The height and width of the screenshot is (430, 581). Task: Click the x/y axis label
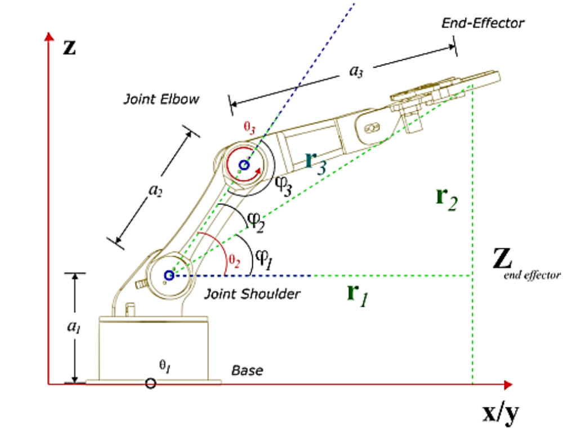coord(500,414)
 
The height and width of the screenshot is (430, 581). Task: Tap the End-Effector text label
coord(482,23)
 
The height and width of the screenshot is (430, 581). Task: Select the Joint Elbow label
coord(161,99)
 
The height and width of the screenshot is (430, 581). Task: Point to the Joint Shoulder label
coord(252,293)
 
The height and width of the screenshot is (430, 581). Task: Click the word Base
coord(247,371)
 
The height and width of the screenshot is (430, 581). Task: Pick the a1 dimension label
coord(74,328)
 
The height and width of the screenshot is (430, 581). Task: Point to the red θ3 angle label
coord(249,127)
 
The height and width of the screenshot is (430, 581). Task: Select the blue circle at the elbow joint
coord(244,165)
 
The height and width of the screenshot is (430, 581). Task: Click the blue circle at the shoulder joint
coord(169,275)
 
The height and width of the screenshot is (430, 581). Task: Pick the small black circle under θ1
coord(150,383)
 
